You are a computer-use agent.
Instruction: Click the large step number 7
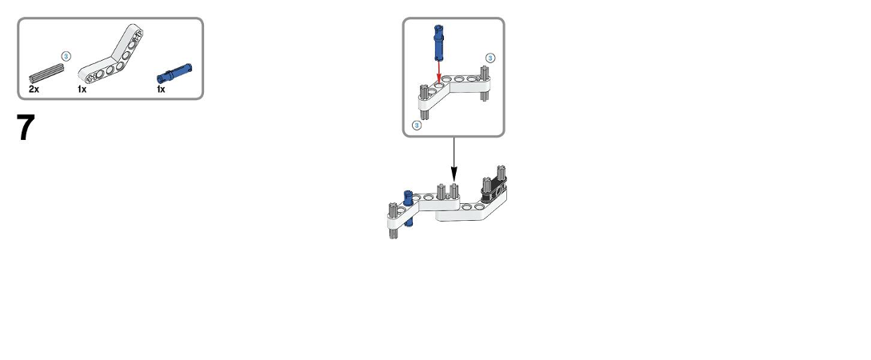[x=26, y=127]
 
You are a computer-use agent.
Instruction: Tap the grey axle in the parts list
[x=46, y=74]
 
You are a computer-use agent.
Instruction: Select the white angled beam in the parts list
[x=111, y=54]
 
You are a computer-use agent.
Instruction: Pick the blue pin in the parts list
[x=174, y=74]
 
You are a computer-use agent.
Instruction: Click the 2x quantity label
[x=34, y=89]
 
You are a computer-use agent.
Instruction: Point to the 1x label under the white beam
[x=82, y=89]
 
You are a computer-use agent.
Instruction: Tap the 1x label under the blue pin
[x=161, y=89]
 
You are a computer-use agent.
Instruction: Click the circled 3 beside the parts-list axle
[x=66, y=56]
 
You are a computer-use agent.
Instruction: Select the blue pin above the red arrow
[x=438, y=42]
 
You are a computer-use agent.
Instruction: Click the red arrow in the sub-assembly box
[x=439, y=72]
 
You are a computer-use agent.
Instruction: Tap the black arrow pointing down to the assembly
[x=453, y=159]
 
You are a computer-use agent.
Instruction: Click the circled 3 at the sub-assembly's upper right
[x=490, y=58]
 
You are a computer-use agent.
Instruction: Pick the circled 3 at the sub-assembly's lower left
[x=417, y=126]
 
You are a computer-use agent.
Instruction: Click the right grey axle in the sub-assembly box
[x=485, y=82]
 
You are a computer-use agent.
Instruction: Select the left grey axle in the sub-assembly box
[x=424, y=102]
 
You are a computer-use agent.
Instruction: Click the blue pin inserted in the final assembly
[x=408, y=208]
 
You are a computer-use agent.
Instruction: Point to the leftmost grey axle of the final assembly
[x=394, y=221]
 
